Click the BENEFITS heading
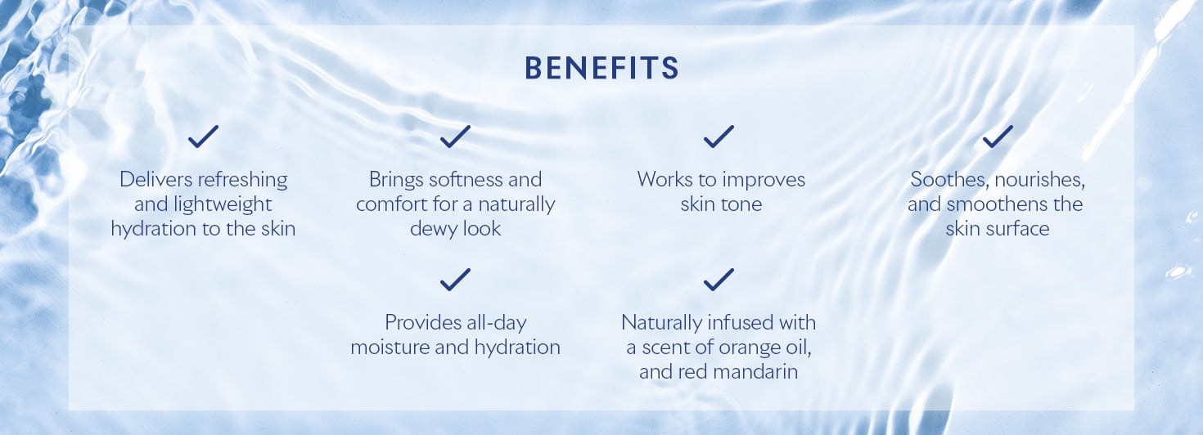[601, 68]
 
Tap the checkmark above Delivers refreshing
[203, 137]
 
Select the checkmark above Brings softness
[455, 137]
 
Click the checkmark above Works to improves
[719, 137]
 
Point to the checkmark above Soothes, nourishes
[998, 137]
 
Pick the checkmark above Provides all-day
[455, 280]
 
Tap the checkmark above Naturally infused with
[719, 280]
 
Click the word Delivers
[150, 179]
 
